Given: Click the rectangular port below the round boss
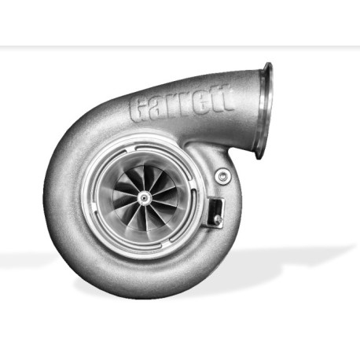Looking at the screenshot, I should point(215,208).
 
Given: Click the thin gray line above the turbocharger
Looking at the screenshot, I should point(180,46).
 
